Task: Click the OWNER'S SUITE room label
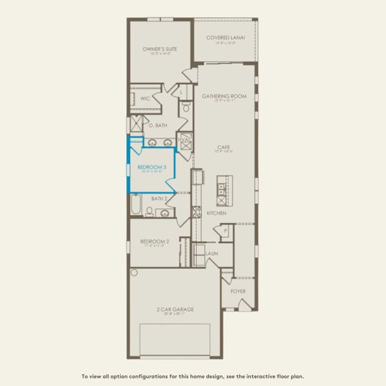tap(160, 49)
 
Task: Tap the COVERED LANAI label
tap(225, 37)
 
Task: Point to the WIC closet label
tap(145, 99)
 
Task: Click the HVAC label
tap(184, 139)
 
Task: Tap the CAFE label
tap(224, 147)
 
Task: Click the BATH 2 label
tap(159, 199)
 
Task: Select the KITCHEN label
tap(216, 212)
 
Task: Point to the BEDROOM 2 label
tap(154, 242)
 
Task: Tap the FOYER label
tap(238, 291)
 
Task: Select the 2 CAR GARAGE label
tap(174, 309)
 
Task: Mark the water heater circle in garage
tap(134, 272)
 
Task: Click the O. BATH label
tap(158, 125)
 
